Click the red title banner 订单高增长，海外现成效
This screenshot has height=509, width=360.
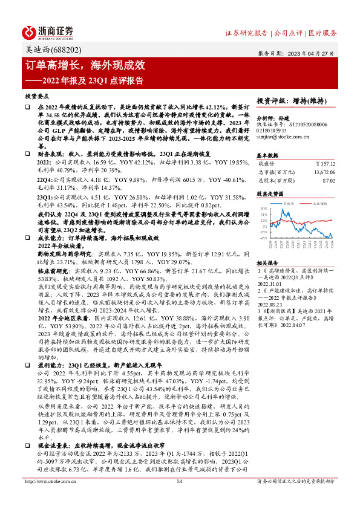click(x=84, y=65)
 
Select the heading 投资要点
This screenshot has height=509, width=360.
click(x=36, y=96)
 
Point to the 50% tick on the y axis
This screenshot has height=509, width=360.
click(x=263, y=208)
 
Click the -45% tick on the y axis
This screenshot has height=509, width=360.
click(x=263, y=238)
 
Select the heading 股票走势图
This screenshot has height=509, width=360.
click(x=270, y=194)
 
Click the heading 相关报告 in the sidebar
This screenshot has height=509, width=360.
click(x=267, y=264)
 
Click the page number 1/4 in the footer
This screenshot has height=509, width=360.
click(x=179, y=498)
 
